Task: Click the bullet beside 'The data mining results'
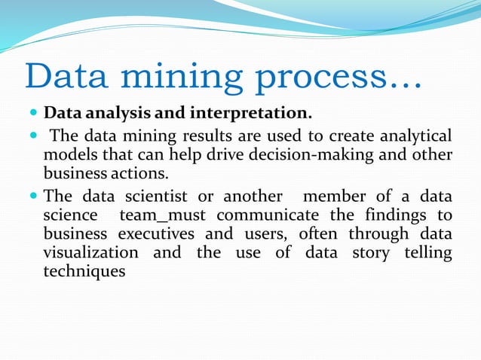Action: [32, 137]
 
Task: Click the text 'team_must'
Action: [158, 215]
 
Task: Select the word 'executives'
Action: [162, 233]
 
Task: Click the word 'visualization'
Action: [91, 252]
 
